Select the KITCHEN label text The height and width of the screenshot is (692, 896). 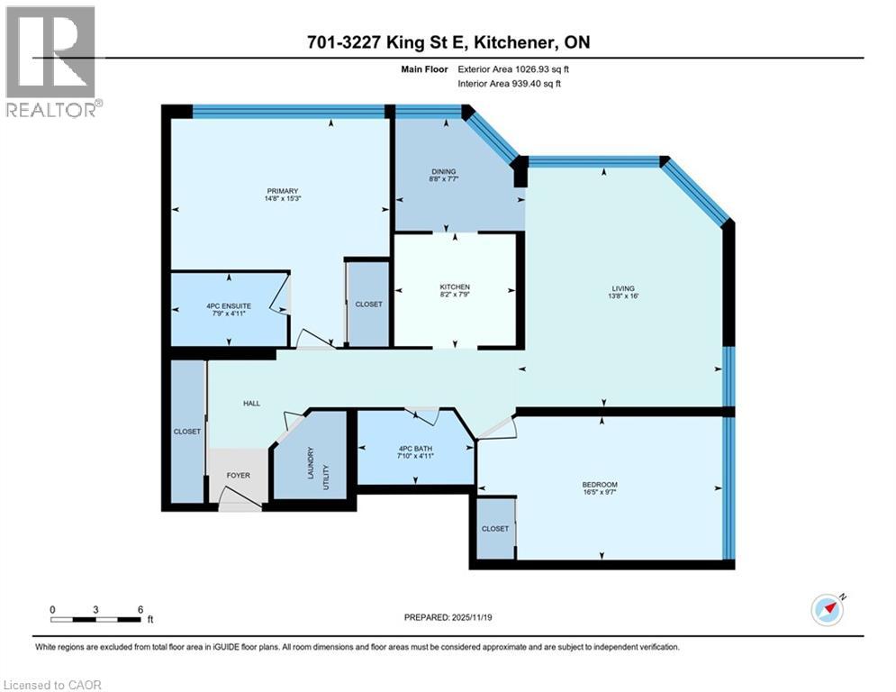click(455, 287)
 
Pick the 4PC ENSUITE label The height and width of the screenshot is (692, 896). click(228, 306)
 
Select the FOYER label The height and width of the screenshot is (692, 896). click(239, 475)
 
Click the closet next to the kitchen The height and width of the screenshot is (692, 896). click(368, 305)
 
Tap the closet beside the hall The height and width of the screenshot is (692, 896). click(187, 432)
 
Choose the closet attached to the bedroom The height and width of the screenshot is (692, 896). click(494, 529)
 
